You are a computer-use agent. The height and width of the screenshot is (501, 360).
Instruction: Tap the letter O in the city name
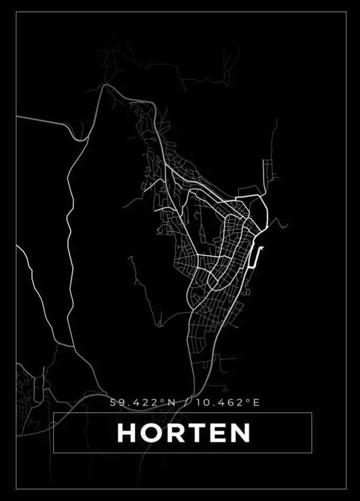pos(154,433)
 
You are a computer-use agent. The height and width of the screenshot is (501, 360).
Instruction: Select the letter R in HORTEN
pos(181,433)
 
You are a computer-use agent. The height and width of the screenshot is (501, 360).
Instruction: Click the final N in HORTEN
pos(241,433)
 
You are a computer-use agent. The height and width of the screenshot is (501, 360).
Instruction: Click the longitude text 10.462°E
pos(228,403)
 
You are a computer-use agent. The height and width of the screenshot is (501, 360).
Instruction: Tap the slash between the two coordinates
pos(186,403)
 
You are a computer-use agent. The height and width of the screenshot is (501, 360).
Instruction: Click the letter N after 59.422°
pos(171,403)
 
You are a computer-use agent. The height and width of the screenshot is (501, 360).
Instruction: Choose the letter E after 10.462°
pos(256,403)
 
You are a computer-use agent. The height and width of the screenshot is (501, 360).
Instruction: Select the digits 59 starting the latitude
pos(116,403)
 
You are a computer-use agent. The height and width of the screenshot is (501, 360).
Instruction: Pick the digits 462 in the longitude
pos(232,403)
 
